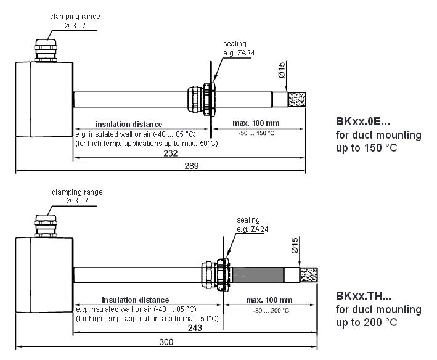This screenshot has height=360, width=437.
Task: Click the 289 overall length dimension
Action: tap(191, 166)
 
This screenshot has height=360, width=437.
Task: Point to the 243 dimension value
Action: tap(195, 329)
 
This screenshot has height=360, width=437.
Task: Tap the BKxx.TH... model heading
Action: tap(364, 296)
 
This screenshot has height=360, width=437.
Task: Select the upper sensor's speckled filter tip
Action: tap(297, 99)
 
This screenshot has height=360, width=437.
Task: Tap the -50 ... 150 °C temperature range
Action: tap(258, 133)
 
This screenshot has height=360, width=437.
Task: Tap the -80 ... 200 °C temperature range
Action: tap(270, 310)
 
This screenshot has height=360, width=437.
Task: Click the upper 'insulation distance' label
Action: tap(128, 124)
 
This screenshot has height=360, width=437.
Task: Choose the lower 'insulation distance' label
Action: tap(136, 300)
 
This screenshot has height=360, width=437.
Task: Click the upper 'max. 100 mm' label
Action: tap(256, 124)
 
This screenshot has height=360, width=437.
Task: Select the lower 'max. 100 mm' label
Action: tap(269, 300)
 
